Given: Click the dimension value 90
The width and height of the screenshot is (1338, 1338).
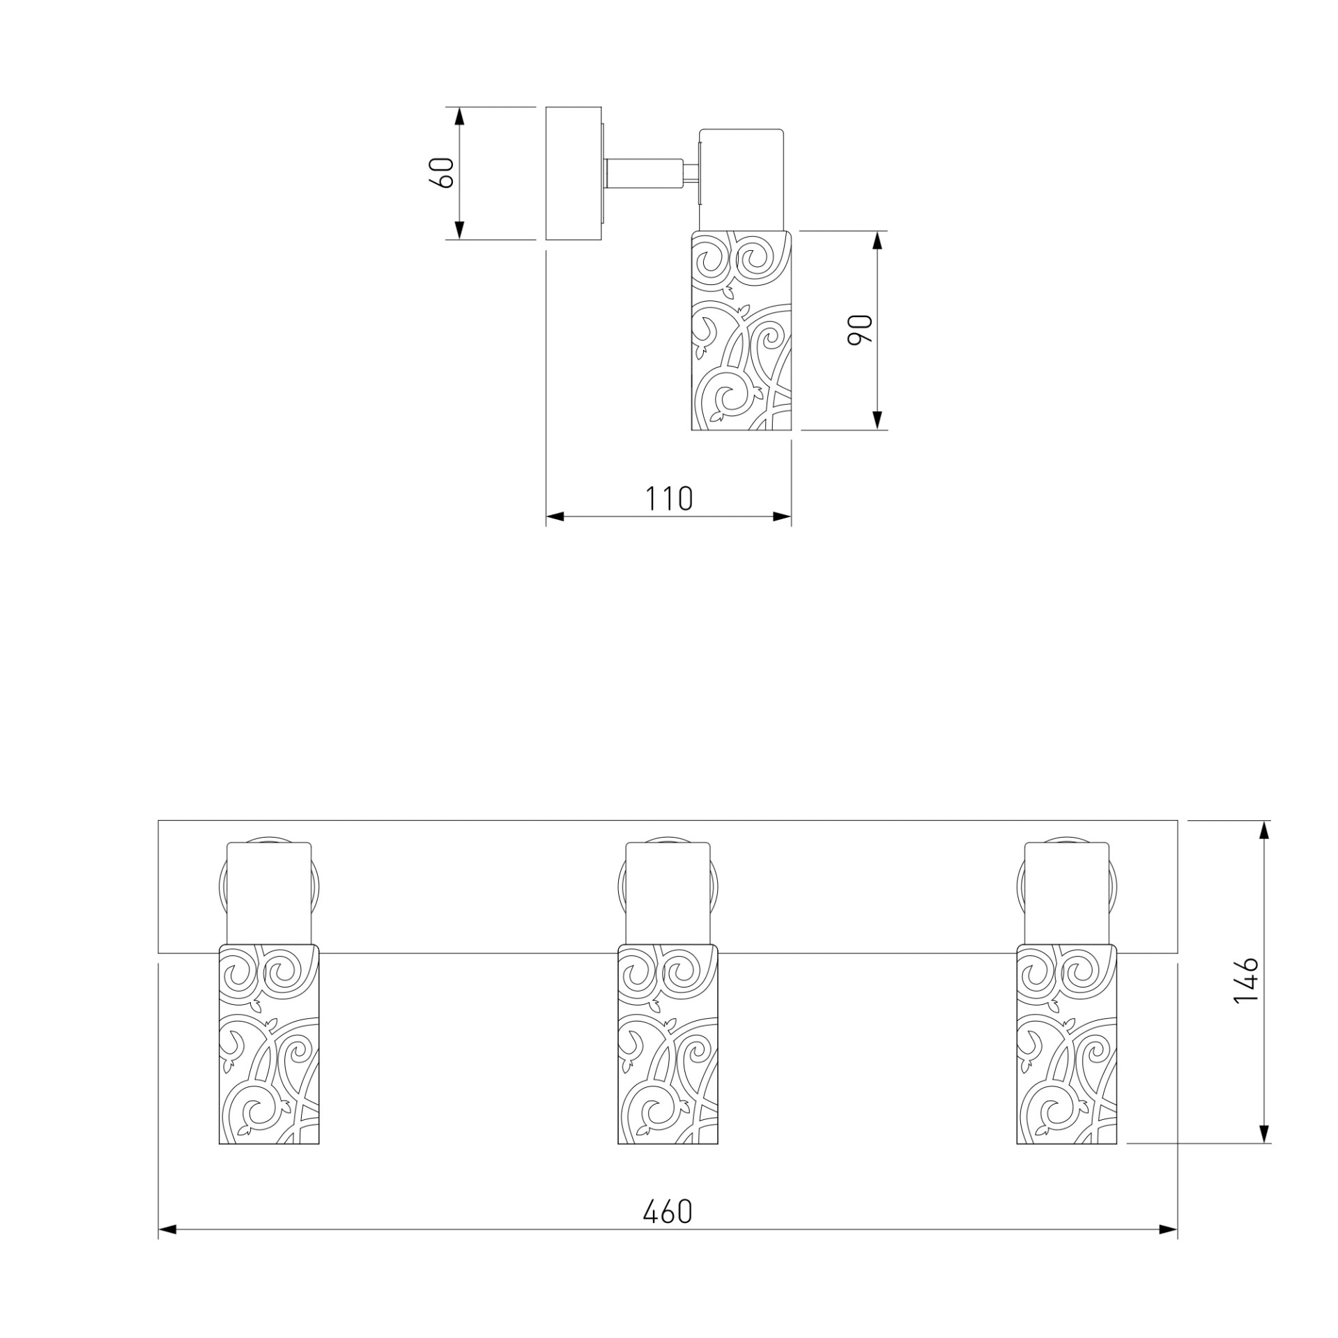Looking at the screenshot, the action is tap(860, 330).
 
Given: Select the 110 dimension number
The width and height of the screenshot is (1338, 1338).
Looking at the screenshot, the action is tap(668, 498).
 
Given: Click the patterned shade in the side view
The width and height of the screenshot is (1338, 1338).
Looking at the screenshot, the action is tap(742, 330).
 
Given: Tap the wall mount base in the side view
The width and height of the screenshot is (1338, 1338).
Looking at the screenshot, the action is tap(574, 174).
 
